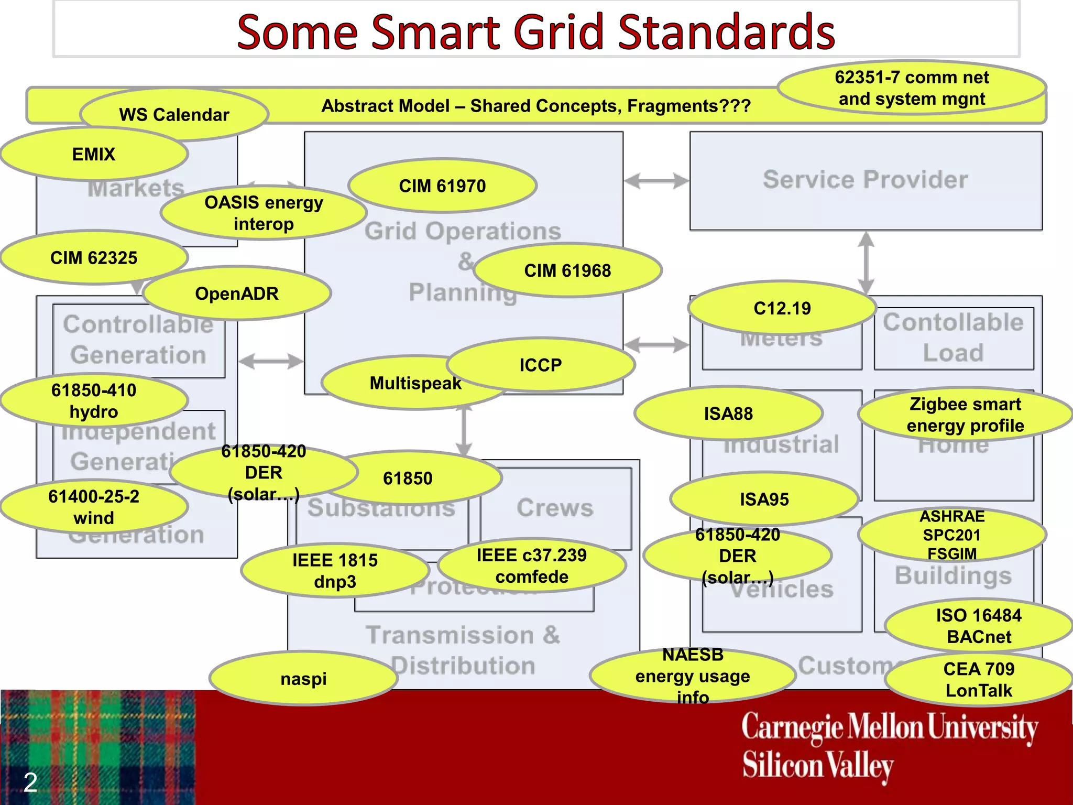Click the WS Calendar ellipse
tap(174, 115)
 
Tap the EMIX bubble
tap(94, 154)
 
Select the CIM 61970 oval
tap(442, 186)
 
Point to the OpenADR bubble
tap(237, 293)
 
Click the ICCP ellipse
tap(541, 365)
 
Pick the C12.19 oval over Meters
tap(782, 308)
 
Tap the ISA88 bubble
tap(728, 414)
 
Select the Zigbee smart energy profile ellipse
tap(965, 415)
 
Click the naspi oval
tap(303, 679)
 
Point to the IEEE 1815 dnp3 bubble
tap(335, 571)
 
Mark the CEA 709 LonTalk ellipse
tap(979, 679)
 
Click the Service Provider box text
tap(865, 180)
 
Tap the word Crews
tap(555, 507)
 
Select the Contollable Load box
tap(953, 338)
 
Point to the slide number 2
tap(30, 782)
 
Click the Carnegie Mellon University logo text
tap(889, 727)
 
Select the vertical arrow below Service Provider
tap(866, 262)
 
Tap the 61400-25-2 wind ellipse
tap(94, 507)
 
